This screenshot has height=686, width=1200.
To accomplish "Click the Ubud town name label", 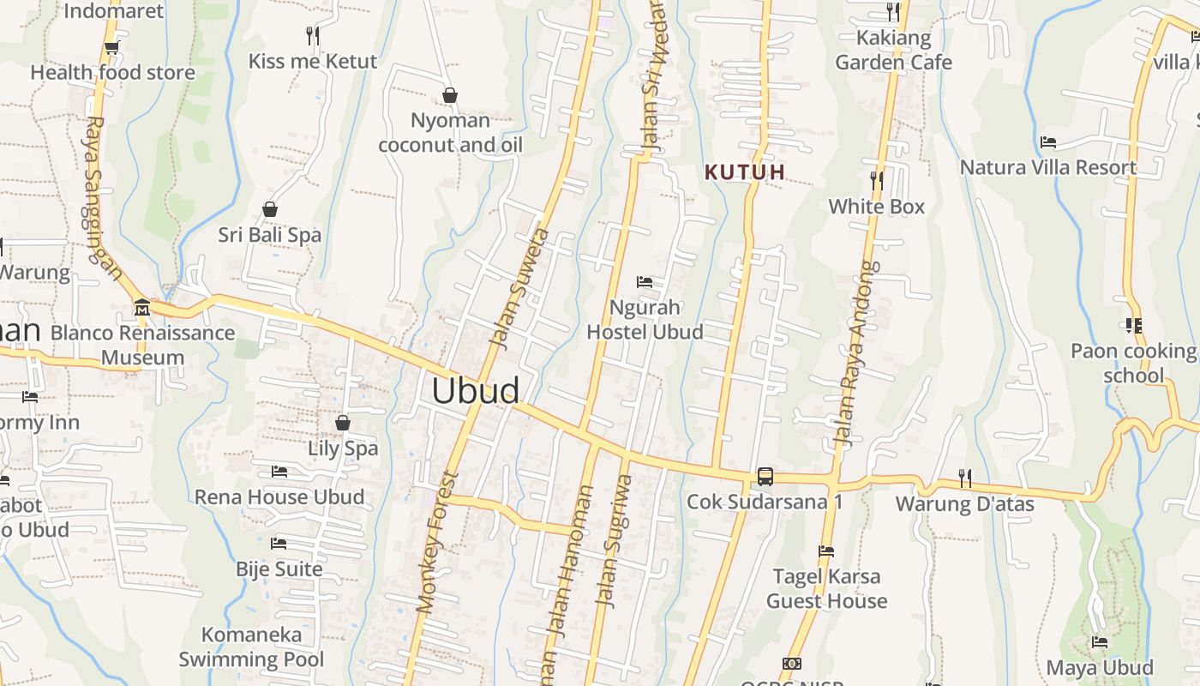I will tap(476, 391).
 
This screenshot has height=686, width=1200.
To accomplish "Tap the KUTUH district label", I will tap(745, 171).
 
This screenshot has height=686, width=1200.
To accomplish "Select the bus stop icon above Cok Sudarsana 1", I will tap(765, 477).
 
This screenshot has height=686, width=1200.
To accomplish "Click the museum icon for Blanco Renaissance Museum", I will tap(142, 307).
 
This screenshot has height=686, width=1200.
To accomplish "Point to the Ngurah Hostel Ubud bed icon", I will tap(645, 281).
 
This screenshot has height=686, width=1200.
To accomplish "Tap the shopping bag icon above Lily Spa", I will tap(342, 423).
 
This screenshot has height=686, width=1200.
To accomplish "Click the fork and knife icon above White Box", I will tap(876, 180).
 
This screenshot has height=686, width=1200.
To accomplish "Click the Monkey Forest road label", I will tap(439, 542).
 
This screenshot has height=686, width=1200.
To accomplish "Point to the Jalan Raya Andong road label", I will tap(858, 353).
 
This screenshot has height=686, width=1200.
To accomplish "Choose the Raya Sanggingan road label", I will tap(101, 199).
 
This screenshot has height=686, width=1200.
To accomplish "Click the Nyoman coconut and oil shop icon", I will tap(449, 94).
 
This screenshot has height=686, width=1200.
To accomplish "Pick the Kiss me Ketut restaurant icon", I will tap(313, 35).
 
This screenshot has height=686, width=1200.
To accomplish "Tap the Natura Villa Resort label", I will tap(1048, 167).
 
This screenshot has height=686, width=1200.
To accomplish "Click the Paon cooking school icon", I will tap(1133, 326).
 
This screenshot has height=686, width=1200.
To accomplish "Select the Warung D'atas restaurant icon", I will tap(965, 478).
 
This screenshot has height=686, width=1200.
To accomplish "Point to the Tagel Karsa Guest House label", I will tap(826, 588).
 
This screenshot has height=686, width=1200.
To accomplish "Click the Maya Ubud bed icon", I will tap(1100, 641).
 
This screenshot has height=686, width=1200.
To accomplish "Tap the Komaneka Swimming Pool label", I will tap(251, 647).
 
